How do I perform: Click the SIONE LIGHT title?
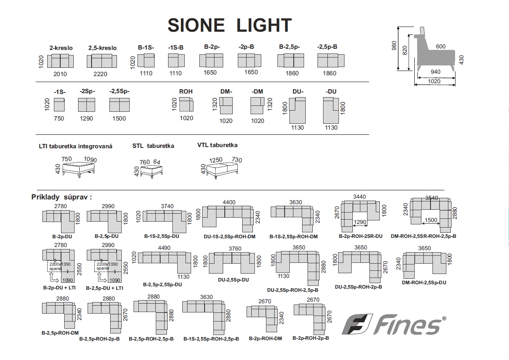click(230, 25)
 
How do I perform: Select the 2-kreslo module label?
click(61, 48)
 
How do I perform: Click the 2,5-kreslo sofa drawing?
click(102, 61)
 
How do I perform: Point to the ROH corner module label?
click(186, 92)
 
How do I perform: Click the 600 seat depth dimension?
click(440, 46)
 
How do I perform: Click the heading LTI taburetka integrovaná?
click(75, 146)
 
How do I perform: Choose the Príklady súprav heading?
click(61, 197)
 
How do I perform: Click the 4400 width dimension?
click(229, 202)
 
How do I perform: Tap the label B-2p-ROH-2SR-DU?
click(360, 236)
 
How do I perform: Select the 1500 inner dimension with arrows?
click(431, 220)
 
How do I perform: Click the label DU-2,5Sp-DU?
click(233, 280)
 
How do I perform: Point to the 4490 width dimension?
click(164, 248)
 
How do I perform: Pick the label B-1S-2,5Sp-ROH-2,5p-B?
click(211, 339)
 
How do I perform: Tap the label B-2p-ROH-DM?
click(265, 339)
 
